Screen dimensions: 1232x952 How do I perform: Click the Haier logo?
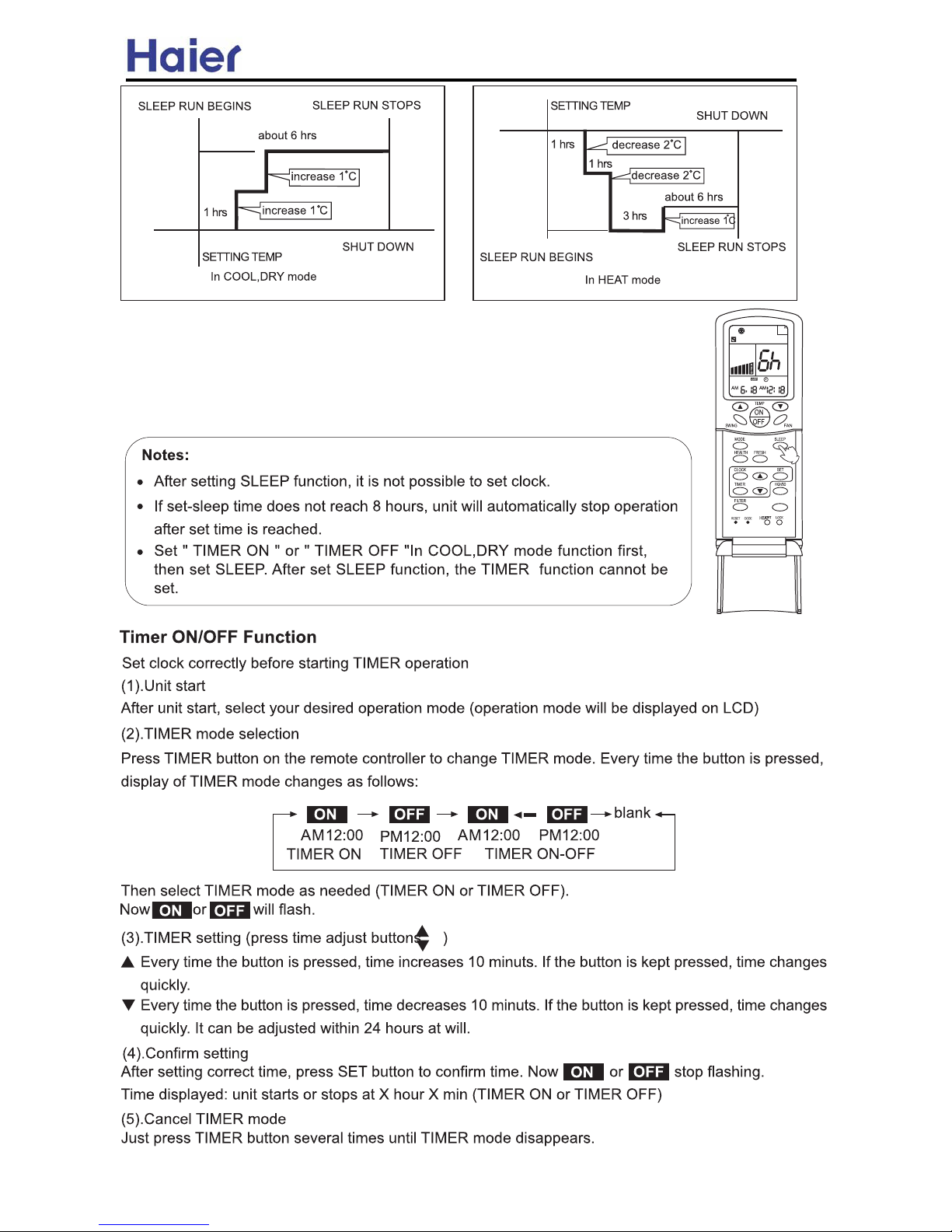[x=183, y=56]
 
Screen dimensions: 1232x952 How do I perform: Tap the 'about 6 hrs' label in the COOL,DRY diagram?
[x=287, y=135]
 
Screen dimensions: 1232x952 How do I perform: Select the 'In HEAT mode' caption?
[x=622, y=280]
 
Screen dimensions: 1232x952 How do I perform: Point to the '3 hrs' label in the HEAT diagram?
[x=634, y=216]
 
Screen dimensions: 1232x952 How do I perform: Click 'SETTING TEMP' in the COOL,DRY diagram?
[x=242, y=257]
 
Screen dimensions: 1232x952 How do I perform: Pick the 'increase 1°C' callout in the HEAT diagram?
[x=707, y=220]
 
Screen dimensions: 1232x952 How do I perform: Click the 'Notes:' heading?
[x=166, y=455]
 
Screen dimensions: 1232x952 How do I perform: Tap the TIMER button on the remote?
[x=741, y=491]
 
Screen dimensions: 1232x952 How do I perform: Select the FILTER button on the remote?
[x=741, y=508]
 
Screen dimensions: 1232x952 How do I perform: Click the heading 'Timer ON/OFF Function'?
[x=218, y=637]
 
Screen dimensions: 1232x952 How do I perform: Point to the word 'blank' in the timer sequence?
[x=632, y=813]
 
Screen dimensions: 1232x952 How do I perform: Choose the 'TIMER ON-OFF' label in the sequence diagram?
[x=540, y=854]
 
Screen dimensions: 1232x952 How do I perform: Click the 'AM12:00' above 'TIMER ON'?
[x=332, y=836]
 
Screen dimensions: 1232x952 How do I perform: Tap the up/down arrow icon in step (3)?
[x=422, y=938]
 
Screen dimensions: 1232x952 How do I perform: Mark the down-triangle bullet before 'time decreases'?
[x=128, y=1005]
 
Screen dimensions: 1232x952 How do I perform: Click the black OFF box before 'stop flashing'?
[x=648, y=1072]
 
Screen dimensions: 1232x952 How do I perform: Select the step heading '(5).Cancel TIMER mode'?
[x=204, y=1119]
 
